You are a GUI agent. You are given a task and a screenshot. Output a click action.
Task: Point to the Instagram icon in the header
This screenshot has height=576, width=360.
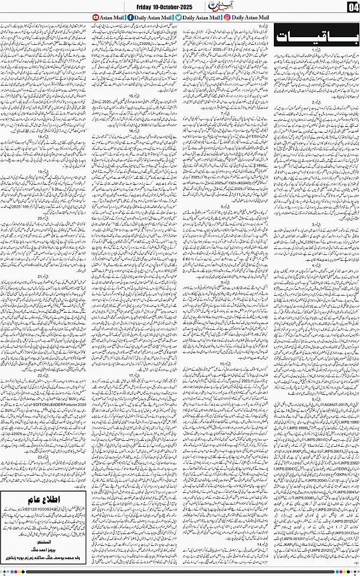coord(227,18)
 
